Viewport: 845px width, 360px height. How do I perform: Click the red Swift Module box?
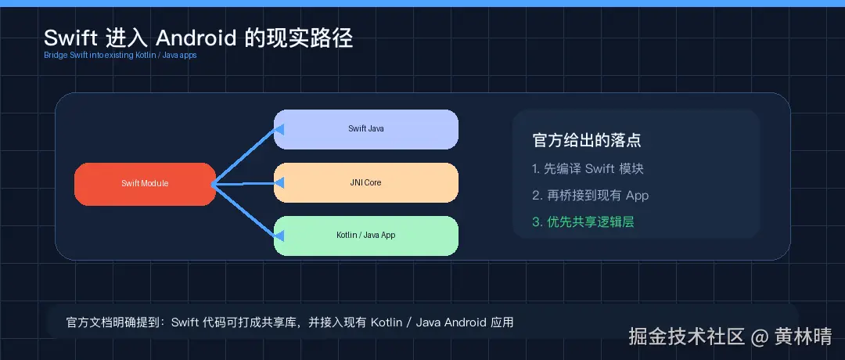coord(145,184)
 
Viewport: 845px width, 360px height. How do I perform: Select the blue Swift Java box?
coord(365,129)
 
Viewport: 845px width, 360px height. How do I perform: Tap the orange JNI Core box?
coord(365,182)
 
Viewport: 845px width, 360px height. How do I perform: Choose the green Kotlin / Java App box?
coord(365,236)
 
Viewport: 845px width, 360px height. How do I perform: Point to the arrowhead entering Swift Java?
coord(279,131)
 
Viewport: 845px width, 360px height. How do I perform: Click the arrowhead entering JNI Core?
coord(279,182)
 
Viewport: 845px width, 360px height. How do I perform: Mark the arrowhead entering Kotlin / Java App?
coord(279,233)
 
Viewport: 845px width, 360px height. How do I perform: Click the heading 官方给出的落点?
coord(587,141)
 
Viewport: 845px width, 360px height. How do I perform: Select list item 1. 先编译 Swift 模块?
coord(588,169)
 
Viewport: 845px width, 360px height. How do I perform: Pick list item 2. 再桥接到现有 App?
coord(590,196)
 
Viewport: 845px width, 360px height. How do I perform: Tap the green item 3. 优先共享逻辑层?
coord(583,222)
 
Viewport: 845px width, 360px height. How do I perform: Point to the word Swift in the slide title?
coord(68,38)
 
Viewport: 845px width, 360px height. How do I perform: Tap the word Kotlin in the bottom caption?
coord(387,322)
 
